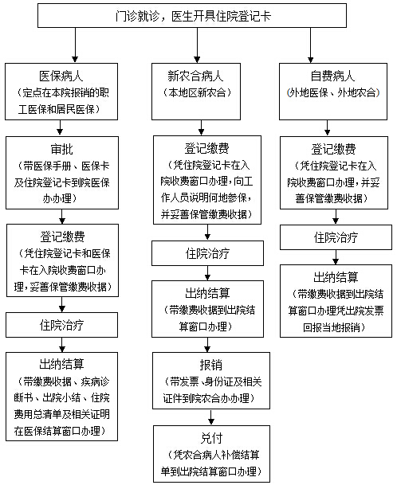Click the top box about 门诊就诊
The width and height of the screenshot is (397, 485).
(192, 16)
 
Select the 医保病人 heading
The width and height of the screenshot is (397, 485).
(61, 76)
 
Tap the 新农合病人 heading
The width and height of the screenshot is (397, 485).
(195, 76)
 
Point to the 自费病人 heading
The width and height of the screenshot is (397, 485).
(333, 76)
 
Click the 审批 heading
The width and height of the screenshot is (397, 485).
(62, 150)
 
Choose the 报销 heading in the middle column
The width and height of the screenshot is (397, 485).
(211, 365)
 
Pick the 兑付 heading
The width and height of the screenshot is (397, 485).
(211, 438)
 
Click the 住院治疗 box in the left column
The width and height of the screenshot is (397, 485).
(61, 325)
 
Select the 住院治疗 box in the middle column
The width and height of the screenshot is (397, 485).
(207, 253)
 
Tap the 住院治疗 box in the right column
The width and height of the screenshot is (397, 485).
(336, 237)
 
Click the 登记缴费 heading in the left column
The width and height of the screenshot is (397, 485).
(62, 237)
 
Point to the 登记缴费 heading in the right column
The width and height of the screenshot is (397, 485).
(333, 150)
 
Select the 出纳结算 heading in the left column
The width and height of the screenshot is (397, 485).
(61, 365)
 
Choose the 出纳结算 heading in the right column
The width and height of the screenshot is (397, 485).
(336, 277)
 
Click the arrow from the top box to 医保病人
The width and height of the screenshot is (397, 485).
(75, 45)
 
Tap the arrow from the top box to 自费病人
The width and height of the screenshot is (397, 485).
(310, 45)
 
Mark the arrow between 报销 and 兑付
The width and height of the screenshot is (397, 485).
(211, 417)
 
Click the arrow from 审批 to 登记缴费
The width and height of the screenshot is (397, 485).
(62, 217)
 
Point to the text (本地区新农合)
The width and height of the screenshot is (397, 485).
(197, 92)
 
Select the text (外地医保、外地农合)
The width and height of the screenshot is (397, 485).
(333, 92)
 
